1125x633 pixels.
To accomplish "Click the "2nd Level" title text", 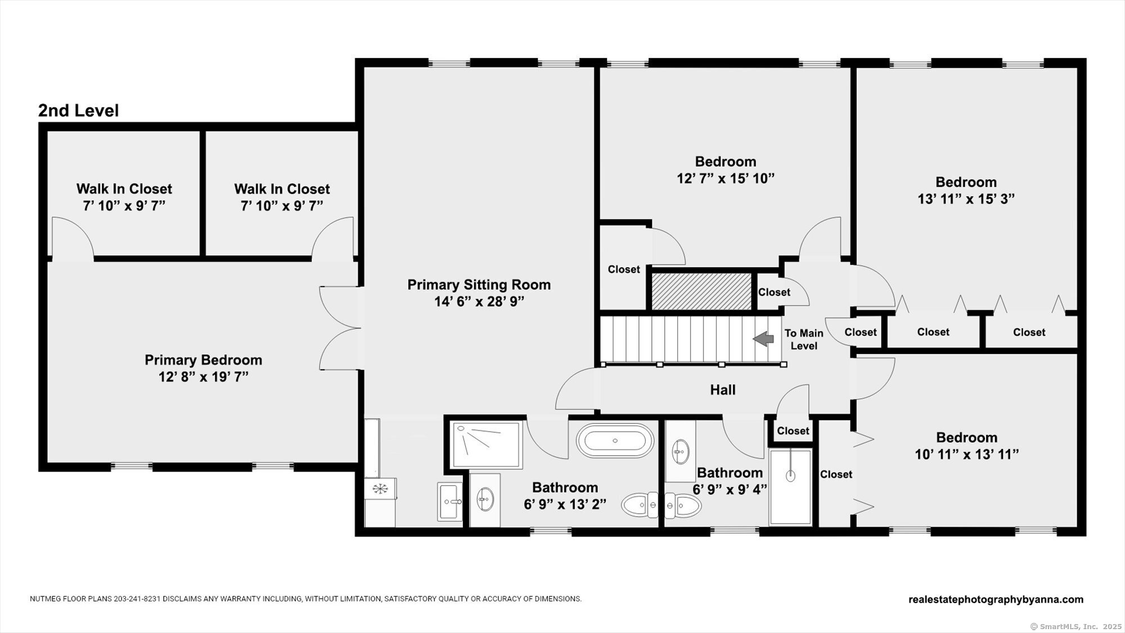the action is click(x=78, y=110).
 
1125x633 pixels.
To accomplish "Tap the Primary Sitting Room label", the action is click(x=479, y=285).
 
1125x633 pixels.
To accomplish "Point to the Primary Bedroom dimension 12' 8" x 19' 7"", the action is click(x=203, y=377).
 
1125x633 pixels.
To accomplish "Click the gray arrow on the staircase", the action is click(x=763, y=339).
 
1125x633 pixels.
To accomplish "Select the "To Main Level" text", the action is click(x=804, y=339).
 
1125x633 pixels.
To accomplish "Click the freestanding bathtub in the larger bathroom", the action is click(x=615, y=440).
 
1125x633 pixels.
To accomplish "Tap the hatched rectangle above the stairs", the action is click(x=701, y=291).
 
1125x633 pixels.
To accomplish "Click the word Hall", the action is click(x=723, y=389).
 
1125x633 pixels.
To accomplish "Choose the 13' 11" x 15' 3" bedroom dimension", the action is click(x=966, y=199).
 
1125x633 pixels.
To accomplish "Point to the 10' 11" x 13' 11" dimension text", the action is click(x=966, y=455).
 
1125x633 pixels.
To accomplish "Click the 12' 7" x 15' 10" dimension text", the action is click(x=726, y=178).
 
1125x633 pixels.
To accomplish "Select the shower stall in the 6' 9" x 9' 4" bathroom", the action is click(x=791, y=487).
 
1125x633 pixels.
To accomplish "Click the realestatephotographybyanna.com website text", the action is click(x=996, y=599).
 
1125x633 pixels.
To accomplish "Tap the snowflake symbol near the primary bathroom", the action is click(x=380, y=488).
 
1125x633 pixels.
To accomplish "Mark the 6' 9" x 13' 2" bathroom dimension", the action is click(x=565, y=505).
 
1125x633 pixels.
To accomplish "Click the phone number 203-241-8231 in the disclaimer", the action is click(x=137, y=599).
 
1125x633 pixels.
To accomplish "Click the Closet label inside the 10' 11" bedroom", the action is click(x=836, y=474).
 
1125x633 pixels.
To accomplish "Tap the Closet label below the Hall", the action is click(x=793, y=431).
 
